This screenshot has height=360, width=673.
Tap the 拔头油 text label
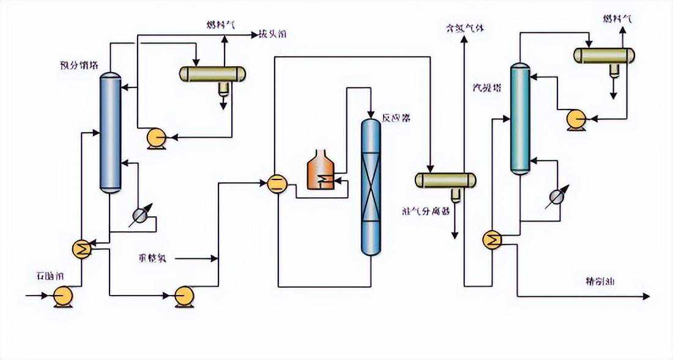pyautogui.click(x=273, y=36)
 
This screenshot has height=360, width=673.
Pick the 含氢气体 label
pyautogui.click(x=465, y=28)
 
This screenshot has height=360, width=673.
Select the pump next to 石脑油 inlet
pyautogui.click(x=62, y=296)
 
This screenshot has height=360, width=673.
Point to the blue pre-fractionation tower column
pyautogui.click(x=110, y=132)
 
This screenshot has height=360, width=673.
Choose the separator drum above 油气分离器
pyautogui.click(x=445, y=180)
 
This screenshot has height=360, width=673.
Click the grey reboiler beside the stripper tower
pyautogui.click(x=556, y=196)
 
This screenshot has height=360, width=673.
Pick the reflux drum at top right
pyautogui.click(x=604, y=56)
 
